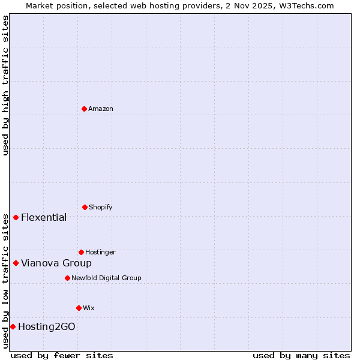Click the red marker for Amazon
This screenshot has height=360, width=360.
84,109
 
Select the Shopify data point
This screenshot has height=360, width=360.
85,207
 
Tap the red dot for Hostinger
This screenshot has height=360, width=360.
81,252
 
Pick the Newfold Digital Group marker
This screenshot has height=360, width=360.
67,278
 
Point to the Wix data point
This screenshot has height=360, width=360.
79,308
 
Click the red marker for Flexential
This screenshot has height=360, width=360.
16,217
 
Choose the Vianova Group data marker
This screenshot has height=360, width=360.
16,263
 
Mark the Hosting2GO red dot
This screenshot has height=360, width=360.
13,326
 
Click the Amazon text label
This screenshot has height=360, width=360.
101,109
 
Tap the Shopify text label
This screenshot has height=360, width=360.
101,207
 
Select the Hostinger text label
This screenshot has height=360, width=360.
100,252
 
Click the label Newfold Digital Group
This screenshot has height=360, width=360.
106,278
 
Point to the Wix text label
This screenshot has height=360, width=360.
89,308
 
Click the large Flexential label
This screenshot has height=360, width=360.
44,217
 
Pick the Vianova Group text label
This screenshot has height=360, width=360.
56,263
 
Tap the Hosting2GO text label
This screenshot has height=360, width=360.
47,326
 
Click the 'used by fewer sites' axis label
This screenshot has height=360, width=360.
62,355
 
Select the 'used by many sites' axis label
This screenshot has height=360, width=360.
301,355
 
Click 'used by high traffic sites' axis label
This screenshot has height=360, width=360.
5,85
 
